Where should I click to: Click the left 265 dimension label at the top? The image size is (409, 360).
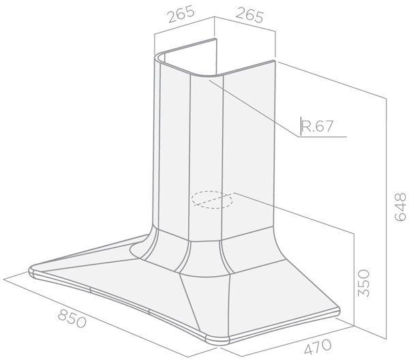tap(181, 14)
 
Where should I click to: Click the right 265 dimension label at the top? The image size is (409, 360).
tap(249, 16)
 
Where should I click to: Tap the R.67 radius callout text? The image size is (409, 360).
tap(317, 126)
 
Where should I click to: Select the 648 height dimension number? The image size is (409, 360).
tap(400, 207)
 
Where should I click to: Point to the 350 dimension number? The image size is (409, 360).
tap(363, 283)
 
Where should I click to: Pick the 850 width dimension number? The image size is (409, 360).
tap(72, 318)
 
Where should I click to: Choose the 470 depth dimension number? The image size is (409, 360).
tap(318, 346)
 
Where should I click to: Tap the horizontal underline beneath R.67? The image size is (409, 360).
tap(322, 136)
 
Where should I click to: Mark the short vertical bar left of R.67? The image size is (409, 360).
tap(301, 125)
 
